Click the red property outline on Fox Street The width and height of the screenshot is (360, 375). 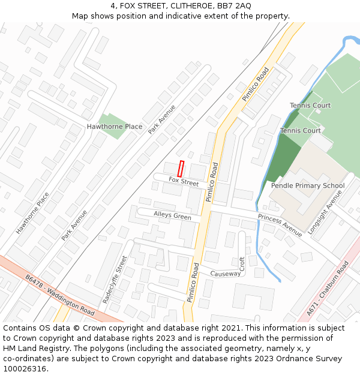[181, 169]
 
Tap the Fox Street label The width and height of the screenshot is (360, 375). [184, 181]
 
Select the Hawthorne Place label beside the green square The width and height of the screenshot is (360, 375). [115, 127]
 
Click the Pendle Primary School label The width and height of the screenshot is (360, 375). [308, 185]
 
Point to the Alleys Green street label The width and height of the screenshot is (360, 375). [172, 216]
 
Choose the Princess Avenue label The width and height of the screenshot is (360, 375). [280, 225]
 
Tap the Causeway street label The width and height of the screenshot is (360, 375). [225, 274]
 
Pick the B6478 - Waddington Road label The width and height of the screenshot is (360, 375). [60, 296]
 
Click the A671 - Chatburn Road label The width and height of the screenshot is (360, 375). [328, 288]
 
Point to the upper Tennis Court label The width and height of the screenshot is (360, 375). [310, 106]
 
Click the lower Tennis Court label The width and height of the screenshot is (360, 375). [301, 131]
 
